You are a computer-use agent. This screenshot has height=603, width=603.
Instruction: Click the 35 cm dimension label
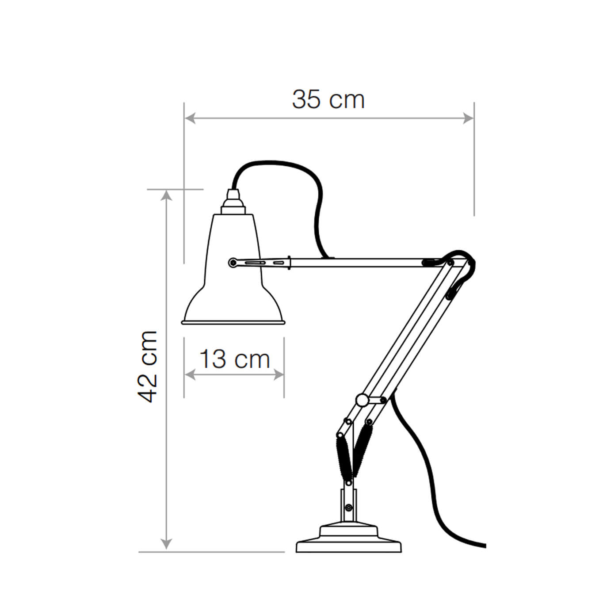(x=328, y=100)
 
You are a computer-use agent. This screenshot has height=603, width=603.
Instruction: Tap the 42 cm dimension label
(x=147, y=366)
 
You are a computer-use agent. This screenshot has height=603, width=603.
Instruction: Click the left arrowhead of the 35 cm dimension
(x=190, y=118)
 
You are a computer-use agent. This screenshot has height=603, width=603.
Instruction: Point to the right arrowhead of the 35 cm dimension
(x=468, y=118)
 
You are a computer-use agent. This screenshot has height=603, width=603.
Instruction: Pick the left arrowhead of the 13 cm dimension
(x=190, y=374)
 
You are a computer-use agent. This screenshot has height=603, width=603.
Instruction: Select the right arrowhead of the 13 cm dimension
(x=279, y=374)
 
